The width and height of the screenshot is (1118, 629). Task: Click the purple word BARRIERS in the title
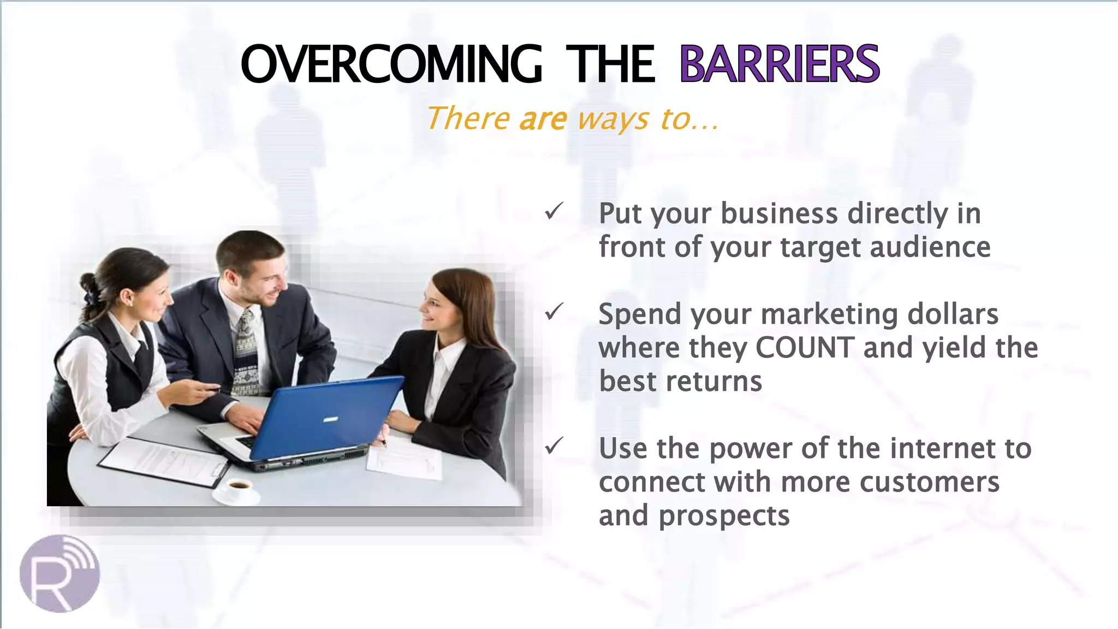779,64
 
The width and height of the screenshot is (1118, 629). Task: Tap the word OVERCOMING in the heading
391,64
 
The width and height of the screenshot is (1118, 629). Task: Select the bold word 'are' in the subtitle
543,118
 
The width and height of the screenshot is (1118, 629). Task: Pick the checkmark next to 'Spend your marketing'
554,312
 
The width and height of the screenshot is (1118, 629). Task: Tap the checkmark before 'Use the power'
554,446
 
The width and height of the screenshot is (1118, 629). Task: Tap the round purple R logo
60,573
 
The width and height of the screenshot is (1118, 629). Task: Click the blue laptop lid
328,418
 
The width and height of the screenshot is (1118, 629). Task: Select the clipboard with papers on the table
164,461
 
